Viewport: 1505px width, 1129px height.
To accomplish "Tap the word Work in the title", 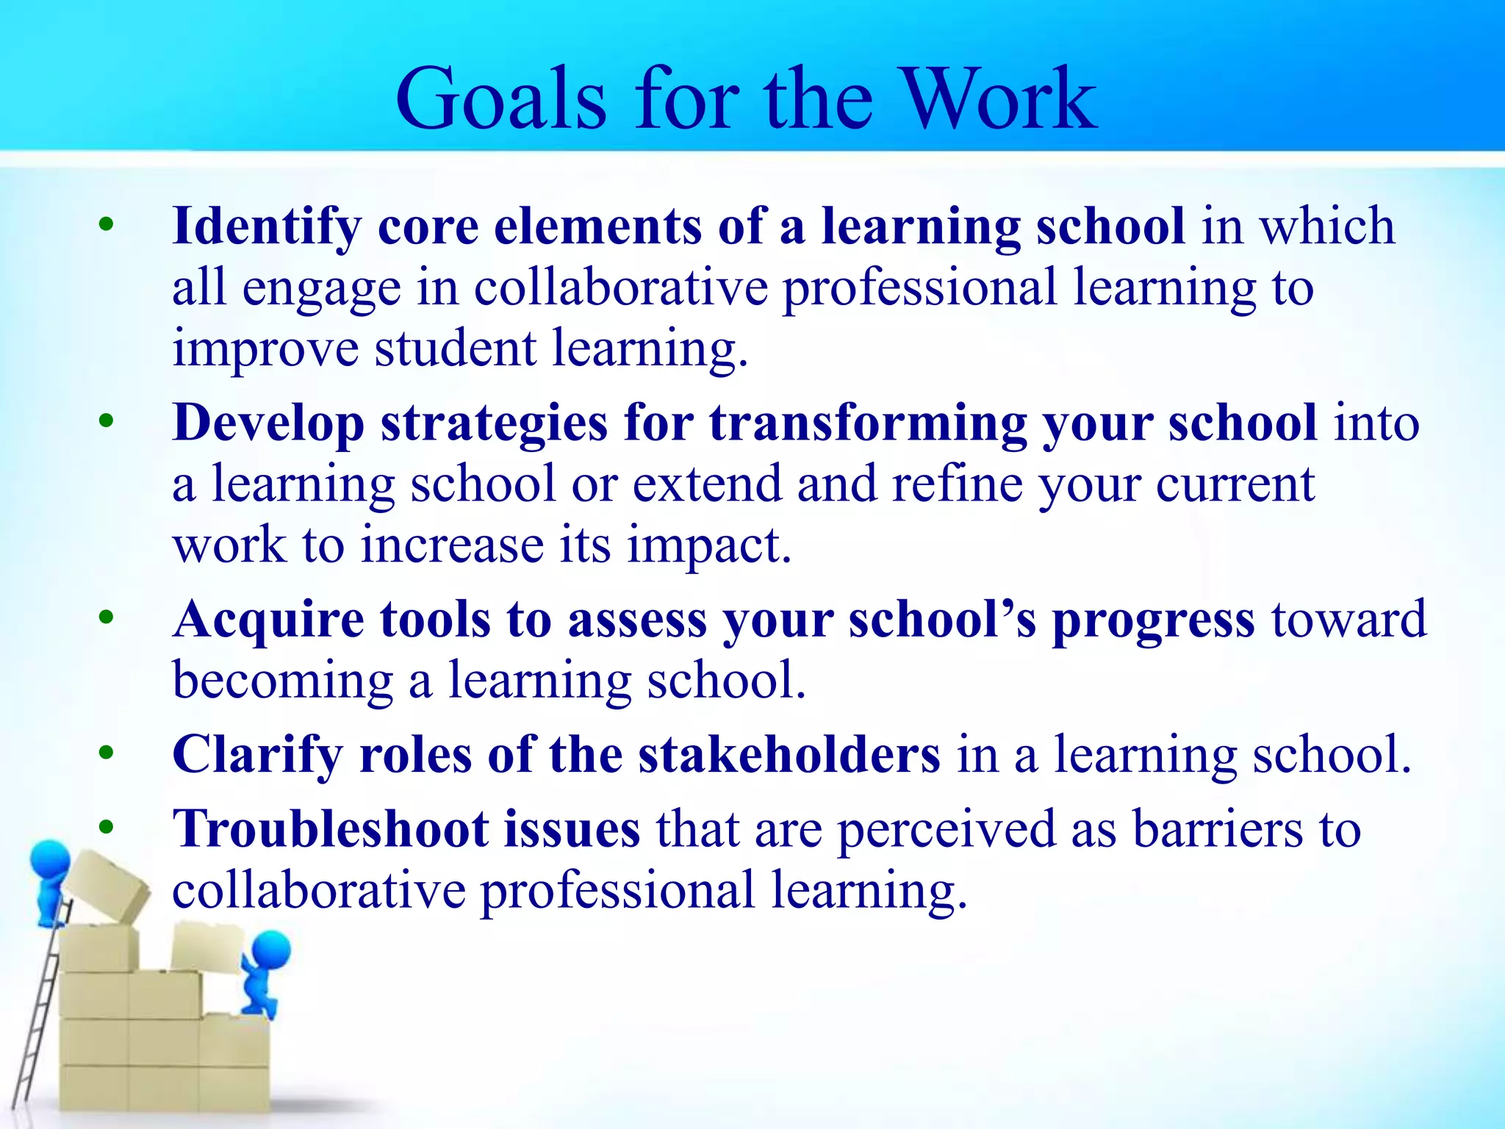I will coord(999,98).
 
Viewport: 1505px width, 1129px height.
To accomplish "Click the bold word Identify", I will coord(266,226).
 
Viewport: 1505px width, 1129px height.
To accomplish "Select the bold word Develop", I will coord(267,424).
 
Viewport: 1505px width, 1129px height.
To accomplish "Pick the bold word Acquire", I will coord(268,620).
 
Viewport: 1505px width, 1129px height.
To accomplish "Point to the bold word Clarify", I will coord(257,755).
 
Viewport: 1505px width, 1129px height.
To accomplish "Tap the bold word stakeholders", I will coord(789,755).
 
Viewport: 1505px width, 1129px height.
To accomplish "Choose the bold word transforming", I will coord(868,424).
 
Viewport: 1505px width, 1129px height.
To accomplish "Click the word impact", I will coord(709,545).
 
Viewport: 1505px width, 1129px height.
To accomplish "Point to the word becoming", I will coord(283,681).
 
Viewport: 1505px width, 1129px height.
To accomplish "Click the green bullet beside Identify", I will coord(107,223).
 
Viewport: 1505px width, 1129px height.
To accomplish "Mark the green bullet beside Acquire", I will coord(107,617).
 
